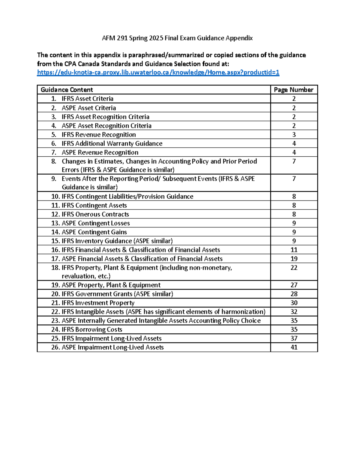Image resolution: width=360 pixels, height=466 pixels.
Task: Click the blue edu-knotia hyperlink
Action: [x=158, y=72]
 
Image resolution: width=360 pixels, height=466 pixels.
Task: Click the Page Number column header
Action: [x=293, y=90]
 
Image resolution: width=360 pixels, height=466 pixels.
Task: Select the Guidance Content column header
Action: [x=67, y=90]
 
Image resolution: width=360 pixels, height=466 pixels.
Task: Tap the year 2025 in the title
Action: [x=156, y=38]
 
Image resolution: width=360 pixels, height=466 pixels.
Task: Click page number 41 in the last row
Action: [x=294, y=347]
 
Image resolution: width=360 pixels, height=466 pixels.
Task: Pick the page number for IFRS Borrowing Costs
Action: [x=294, y=329]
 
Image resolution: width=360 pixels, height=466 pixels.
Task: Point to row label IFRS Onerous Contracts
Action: [x=95, y=214]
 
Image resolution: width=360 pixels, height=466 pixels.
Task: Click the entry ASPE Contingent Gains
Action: [x=94, y=232]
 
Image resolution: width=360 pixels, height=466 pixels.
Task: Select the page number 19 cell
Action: [x=294, y=259]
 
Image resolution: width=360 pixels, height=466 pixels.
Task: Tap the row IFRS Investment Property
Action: [x=98, y=303]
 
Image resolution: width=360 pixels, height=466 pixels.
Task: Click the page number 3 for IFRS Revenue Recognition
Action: [x=294, y=134]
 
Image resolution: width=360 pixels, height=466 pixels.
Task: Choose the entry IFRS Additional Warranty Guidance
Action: [x=112, y=143]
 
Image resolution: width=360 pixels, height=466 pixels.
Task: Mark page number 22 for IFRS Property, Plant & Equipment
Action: [x=294, y=268]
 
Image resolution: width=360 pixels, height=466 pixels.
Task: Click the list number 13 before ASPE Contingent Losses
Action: [x=55, y=223]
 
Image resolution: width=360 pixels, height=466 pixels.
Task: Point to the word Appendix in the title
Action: [x=239, y=38]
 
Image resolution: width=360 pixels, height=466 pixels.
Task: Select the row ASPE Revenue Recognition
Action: [x=100, y=152]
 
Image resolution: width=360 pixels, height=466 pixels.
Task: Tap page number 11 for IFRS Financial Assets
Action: [x=294, y=250]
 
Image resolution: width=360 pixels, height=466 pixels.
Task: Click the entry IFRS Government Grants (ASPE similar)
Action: [x=117, y=294]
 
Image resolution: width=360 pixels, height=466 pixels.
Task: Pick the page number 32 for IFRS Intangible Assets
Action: [x=294, y=312]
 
